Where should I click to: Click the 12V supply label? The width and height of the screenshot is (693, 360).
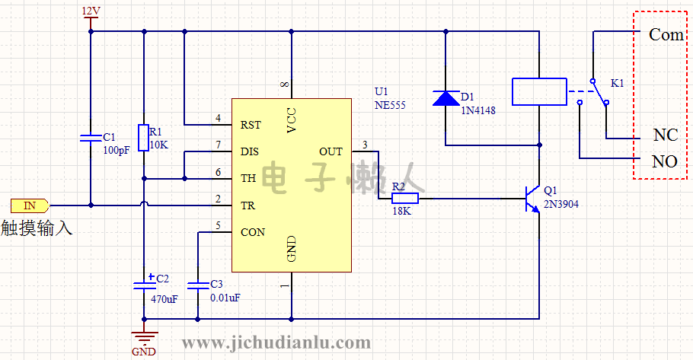90,11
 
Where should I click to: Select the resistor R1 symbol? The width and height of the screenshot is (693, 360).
143,138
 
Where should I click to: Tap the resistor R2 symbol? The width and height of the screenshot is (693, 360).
404,199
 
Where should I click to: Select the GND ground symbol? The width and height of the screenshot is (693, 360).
143,336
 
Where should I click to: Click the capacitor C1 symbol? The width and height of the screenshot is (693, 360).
91,138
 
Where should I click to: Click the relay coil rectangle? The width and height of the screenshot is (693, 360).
538,91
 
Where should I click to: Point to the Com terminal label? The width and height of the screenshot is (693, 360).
666,35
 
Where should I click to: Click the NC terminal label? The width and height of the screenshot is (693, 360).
665,135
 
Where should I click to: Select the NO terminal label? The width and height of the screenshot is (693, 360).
665,161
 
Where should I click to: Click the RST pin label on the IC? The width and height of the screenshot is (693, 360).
251,125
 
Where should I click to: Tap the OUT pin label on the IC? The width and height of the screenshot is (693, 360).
331,151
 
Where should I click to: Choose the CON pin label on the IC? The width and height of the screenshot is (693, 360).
252,232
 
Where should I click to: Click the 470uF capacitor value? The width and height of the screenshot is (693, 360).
164,299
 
